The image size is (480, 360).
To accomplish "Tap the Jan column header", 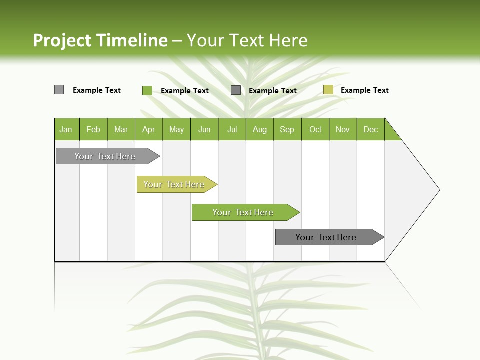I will [66, 129].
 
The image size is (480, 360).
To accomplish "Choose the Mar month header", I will [121, 129].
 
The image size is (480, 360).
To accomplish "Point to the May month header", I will [176, 129].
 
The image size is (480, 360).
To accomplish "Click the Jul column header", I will [232, 129].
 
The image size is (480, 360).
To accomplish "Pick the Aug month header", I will [260, 129].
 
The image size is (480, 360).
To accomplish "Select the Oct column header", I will [315, 129].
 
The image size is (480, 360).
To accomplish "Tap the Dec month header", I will [370, 129].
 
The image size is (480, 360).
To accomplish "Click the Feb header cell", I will [93, 129].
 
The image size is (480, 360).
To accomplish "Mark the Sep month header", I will [287, 129].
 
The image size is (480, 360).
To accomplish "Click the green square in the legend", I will [147, 90].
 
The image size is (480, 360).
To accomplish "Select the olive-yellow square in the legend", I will [328, 90].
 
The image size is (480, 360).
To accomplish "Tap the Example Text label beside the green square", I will [185, 91].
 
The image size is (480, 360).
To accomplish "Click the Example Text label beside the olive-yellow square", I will [364, 90].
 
